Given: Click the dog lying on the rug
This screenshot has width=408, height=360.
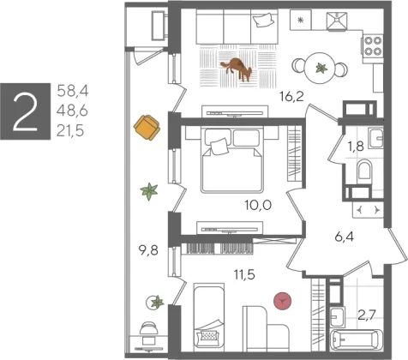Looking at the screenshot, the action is pyautogui.click(x=237, y=69).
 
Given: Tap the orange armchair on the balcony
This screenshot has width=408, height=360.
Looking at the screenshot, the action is pyautogui.click(x=147, y=128).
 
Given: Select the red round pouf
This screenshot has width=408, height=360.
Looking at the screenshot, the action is pyautogui.click(x=283, y=301).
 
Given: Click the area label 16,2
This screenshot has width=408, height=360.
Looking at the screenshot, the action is pyautogui.click(x=291, y=97).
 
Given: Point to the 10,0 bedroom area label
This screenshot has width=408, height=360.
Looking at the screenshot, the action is pyautogui.click(x=258, y=205).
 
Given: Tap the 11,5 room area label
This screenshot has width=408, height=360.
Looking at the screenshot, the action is pyautogui.click(x=244, y=275).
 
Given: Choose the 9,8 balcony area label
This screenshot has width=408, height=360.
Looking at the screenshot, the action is pyautogui.click(x=148, y=250).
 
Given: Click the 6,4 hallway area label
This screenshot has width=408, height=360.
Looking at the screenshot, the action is pyautogui.click(x=345, y=237).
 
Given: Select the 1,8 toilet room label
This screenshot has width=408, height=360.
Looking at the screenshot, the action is pyautogui.click(x=356, y=147).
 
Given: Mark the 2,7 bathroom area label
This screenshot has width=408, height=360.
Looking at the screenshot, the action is pyautogui.click(x=367, y=315).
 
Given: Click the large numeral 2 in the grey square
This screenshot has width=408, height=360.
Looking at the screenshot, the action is pyautogui.click(x=26, y=111).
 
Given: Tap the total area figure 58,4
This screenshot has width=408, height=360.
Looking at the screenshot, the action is pyautogui.click(x=73, y=91).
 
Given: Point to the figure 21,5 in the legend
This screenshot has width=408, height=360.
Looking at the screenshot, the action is pyautogui.click(x=70, y=131).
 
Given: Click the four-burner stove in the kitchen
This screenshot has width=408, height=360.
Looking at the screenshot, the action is pyautogui.click(x=373, y=46).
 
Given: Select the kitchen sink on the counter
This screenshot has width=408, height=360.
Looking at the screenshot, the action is pyautogui.click(x=337, y=21).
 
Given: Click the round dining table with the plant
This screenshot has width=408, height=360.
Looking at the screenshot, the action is pyautogui.click(x=321, y=68).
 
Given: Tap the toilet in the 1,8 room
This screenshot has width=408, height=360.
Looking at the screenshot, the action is pyautogui.click(x=365, y=170).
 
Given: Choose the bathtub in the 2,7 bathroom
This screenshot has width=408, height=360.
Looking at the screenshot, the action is pyautogui.click(x=356, y=340).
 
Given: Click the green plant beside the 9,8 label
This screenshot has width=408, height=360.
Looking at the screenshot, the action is pyautogui.click(x=149, y=191).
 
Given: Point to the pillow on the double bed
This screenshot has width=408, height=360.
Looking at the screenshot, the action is pyautogui.click(x=219, y=147).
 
